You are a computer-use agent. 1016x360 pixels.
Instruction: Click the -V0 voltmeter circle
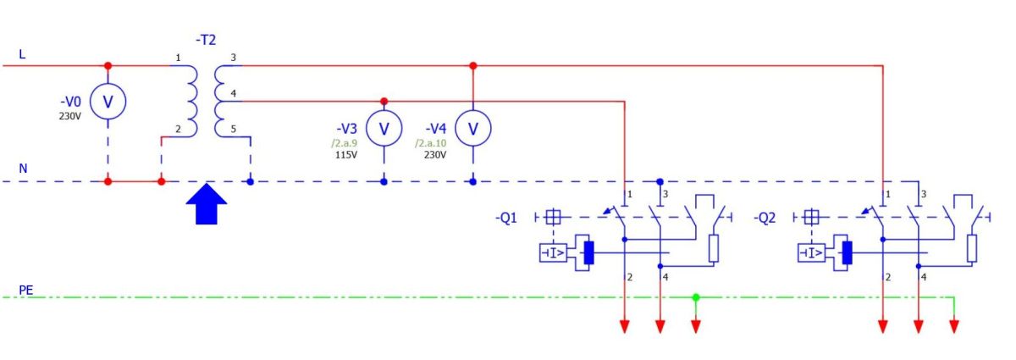coord(108,102)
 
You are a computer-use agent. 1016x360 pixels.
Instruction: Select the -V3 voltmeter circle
coord(384,128)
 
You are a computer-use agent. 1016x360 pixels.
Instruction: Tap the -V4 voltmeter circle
coord(473,128)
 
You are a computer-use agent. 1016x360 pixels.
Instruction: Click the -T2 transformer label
coord(206,40)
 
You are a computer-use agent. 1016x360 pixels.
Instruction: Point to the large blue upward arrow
coord(207,204)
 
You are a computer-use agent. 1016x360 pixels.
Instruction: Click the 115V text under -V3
coord(346,155)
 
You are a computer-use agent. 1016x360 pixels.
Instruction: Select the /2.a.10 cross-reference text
coord(430,143)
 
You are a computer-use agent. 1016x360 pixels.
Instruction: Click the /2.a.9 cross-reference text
coord(345,143)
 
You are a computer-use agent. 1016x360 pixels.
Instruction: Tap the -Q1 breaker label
coord(506,218)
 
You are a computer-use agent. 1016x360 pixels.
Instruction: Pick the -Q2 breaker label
coord(765,218)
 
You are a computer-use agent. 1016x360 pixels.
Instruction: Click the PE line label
coord(26,290)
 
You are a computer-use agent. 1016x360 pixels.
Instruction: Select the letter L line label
coord(22,54)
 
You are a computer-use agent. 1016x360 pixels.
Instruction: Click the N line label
coord(23,169)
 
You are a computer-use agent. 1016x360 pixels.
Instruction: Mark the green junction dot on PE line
coord(696,297)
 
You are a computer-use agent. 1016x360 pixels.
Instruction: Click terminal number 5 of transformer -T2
coord(233,129)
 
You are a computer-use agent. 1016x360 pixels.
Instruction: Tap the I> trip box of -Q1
coord(553,253)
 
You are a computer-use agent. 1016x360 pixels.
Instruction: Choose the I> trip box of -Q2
coord(811,253)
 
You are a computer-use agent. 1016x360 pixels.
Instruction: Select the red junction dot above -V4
coord(473,66)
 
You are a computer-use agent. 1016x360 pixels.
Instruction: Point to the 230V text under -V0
coord(69,116)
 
